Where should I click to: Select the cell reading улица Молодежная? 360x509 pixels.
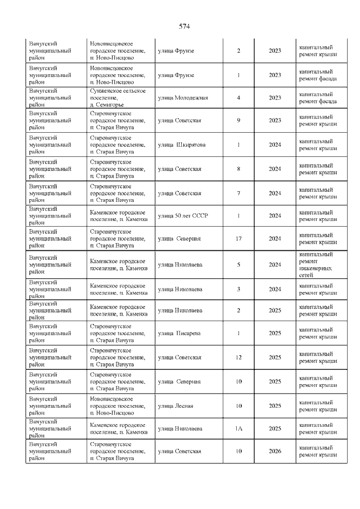pyautogui.click(x=183, y=98)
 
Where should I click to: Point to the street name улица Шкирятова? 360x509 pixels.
pyautogui.click(x=182, y=145)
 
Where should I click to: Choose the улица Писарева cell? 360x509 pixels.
pyautogui.click(x=178, y=333)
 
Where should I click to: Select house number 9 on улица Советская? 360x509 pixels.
pyautogui.click(x=238, y=120)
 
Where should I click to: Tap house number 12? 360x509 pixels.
pyautogui.click(x=238, y=357)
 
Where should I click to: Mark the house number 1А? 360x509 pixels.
pyautogui.click(x=238, y=429)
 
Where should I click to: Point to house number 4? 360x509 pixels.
pyautogui.click(x=238, y=98)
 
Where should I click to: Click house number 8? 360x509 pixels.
pyautogui.click(x=238, y=169)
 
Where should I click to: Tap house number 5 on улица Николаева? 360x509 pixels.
pyautogui.click(x=238, y=264)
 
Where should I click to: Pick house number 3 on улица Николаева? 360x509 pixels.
pyautogui.click(x=238, y=289)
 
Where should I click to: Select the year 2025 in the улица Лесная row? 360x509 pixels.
pyautogui.click(x=275, y=406)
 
